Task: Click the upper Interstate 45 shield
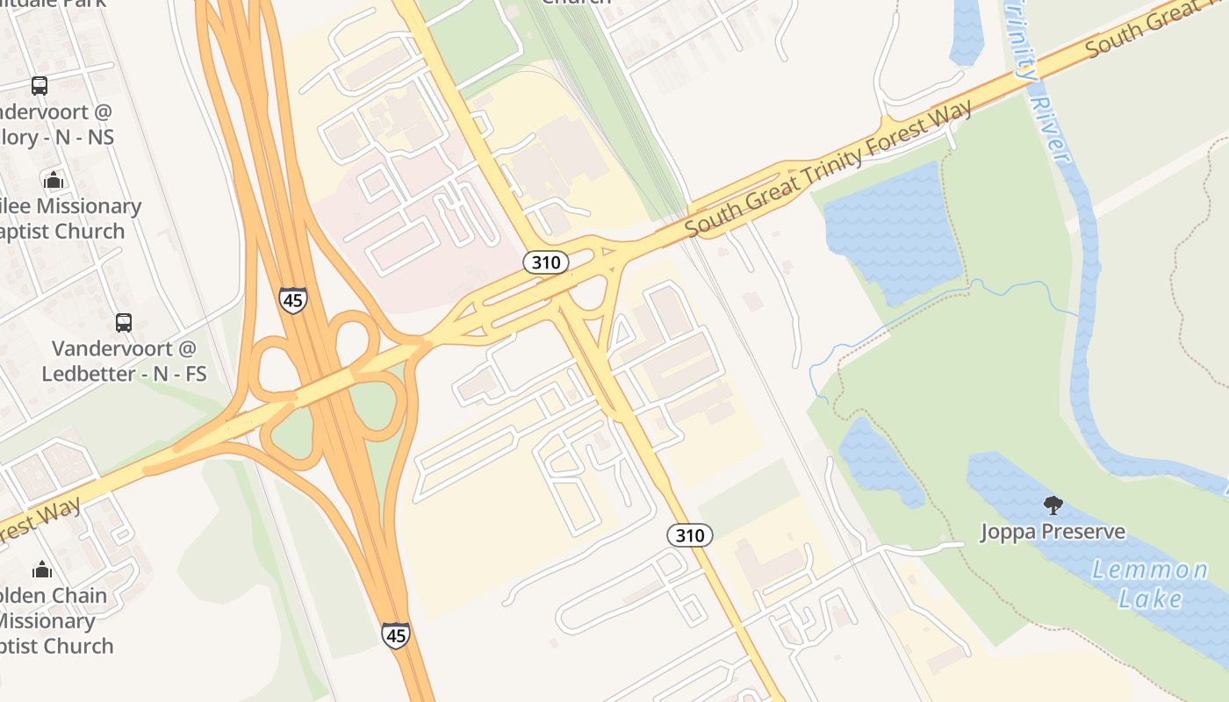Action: [292, 299]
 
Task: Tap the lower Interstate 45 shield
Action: [395, 634]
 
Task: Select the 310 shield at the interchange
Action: [546, 261]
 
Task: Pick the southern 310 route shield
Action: [690, 534]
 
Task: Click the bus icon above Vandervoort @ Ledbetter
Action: [124, 322]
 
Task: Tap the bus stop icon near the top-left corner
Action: [40, 85]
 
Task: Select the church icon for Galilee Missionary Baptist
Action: [54, 180]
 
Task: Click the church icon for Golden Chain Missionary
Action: [41, 569]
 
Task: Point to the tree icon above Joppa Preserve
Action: [1053, 505]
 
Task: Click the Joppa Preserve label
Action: [1053, 532]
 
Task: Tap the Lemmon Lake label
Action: [1150, 584]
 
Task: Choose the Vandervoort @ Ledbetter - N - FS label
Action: [124, 361]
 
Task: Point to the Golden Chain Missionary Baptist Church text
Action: [53, 620]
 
